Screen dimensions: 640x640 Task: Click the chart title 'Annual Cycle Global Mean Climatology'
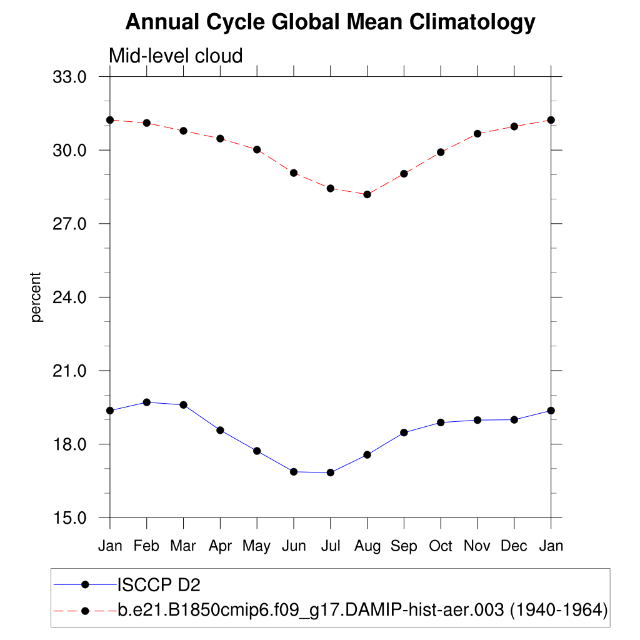(330, 22)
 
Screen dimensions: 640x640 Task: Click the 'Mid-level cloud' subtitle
(176, 56)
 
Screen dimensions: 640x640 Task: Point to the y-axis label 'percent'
(36, 297)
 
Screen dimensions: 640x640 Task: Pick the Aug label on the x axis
(367, 546)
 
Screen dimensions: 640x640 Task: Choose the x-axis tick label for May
(256, 546)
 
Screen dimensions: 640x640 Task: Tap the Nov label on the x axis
(477, 546)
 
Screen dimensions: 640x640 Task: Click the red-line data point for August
(367, 194)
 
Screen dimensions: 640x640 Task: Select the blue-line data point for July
(331, 472)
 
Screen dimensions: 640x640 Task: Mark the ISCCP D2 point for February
(147, 402)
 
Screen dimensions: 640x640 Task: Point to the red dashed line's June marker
(294, 172)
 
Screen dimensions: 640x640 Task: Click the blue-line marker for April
(220, 430)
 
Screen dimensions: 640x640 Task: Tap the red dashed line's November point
(477, 134)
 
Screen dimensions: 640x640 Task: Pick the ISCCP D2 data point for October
(441, 422)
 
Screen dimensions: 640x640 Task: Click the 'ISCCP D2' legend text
(159, 585)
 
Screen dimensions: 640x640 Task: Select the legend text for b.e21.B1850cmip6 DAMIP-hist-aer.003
(362, 609)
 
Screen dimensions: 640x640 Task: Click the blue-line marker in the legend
(86, 584)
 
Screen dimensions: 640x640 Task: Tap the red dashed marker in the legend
(86, 609)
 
